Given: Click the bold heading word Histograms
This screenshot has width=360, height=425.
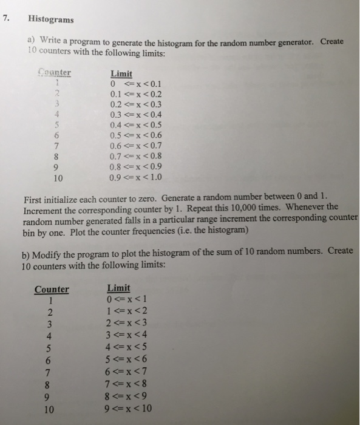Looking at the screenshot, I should pos(51,19).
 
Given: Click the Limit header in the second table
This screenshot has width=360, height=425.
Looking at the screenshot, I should pos(118,288).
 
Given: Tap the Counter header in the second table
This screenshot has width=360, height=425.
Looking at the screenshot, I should pos(52,290).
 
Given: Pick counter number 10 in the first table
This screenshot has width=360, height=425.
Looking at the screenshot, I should pos(57,178).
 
